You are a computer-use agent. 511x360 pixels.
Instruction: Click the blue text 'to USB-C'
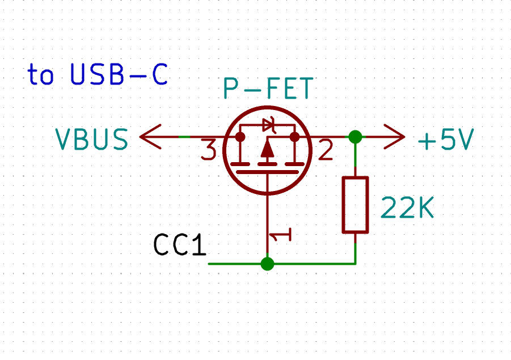tap(98, 75)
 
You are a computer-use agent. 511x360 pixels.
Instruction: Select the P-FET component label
tap(267, 89)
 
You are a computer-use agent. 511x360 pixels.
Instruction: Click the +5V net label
tap(445, 140)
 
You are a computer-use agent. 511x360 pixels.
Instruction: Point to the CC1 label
tap(180, 245)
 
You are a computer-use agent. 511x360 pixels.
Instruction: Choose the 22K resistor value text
tap(407, 209)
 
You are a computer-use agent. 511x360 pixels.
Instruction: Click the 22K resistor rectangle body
tap(356, 205)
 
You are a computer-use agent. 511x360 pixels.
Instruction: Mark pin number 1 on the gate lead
tap(282, 235)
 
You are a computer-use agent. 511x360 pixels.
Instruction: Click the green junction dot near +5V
tap(356, 137)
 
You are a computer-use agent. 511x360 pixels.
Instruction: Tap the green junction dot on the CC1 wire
tap(267, 264)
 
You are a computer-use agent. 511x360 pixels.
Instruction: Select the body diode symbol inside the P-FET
tap(268, 126)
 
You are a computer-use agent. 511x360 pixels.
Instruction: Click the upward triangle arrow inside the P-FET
tap(267, 149)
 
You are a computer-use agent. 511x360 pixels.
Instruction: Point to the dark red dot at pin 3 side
tap(240, 137)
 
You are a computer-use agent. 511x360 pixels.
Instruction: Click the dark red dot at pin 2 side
tap(294, 137)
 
